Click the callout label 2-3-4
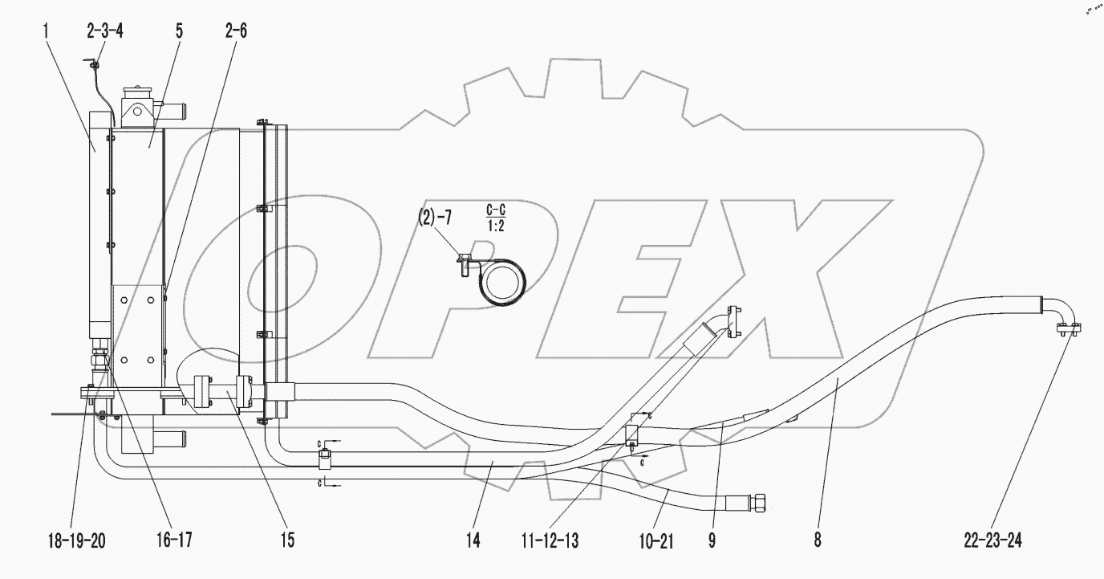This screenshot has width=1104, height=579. point(104,31)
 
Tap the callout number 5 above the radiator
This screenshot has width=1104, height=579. point(178,31)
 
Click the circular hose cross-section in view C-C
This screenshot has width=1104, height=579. point(501,284)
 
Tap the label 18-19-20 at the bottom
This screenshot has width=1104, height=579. point(72,541)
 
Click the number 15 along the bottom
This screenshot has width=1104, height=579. point(286,541)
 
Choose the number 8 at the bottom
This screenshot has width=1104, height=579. point(817,541)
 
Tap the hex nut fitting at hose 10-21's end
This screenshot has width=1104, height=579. point(758,503)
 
